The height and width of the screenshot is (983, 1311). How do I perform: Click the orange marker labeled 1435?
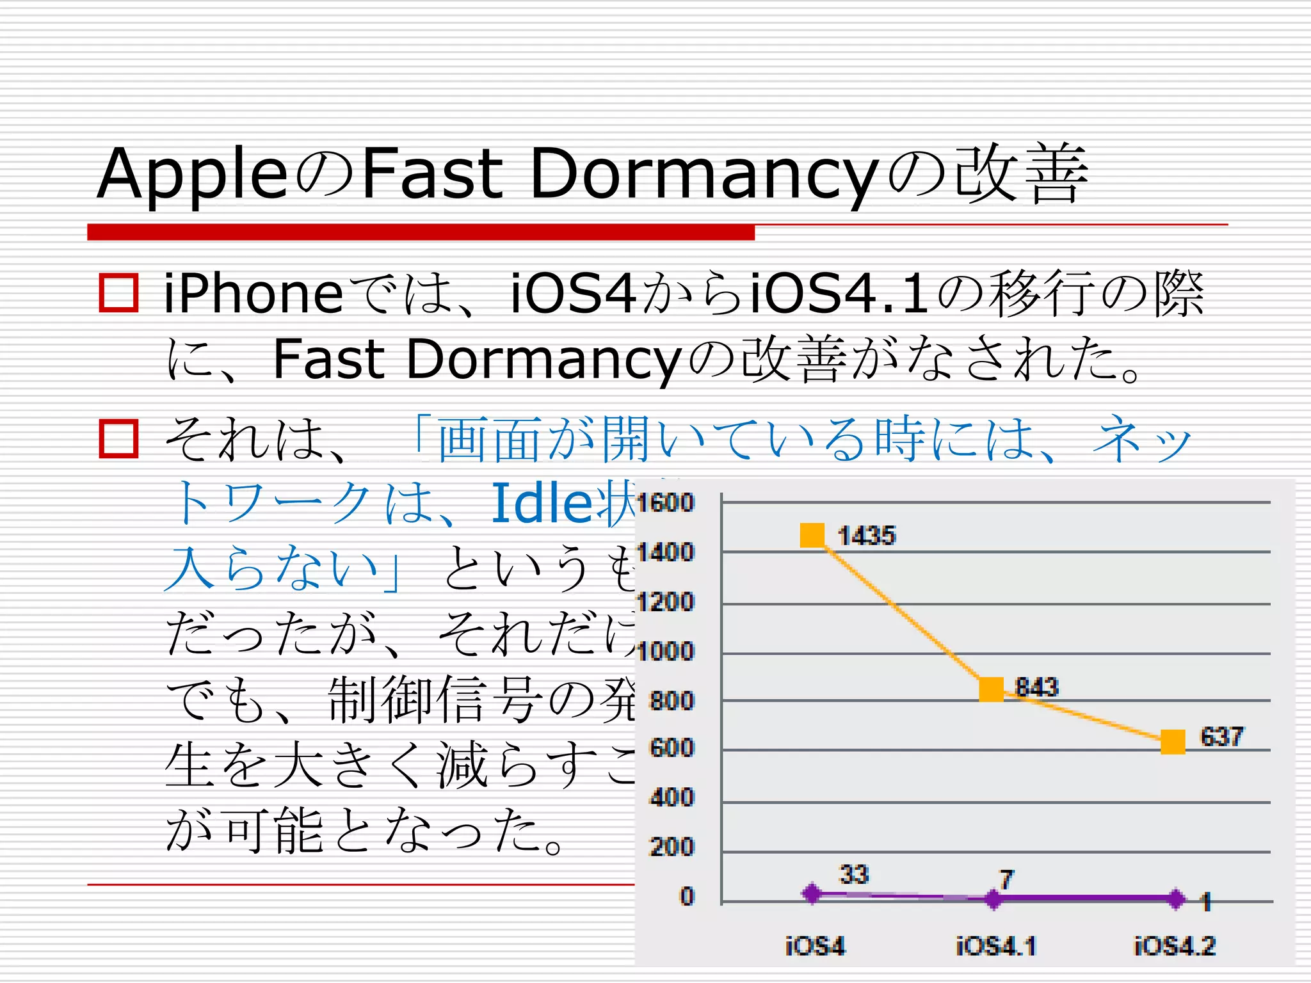[812, 535]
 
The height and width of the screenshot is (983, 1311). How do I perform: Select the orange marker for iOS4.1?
[992, 689]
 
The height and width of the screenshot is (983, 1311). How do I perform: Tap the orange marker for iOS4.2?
[1173, 742]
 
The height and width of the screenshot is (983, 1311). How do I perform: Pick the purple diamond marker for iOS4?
[812, 893]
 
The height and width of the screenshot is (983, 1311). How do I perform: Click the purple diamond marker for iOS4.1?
[993, 899]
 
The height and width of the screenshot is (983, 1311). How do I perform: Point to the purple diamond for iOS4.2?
[1175, 899]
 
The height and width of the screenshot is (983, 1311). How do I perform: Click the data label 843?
[1037, 687]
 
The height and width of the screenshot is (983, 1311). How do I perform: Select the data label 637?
[1221, 737]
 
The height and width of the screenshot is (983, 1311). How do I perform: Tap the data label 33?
[854, 874]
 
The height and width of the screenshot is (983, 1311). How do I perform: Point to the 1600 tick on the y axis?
[666, 503]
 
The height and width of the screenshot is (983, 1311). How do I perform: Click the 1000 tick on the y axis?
[666, 651]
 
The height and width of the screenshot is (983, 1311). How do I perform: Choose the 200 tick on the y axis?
[672, 847]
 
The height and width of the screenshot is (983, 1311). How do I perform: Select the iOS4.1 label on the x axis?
[996, 945]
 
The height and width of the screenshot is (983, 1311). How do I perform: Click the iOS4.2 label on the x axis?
[1175, 945]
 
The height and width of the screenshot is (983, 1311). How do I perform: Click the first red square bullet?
[118, 293]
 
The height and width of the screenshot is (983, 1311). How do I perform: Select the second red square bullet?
[118, 439]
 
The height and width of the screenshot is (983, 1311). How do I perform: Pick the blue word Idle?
[543, 503]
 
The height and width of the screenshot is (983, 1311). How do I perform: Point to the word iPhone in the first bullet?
[253, 294]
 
